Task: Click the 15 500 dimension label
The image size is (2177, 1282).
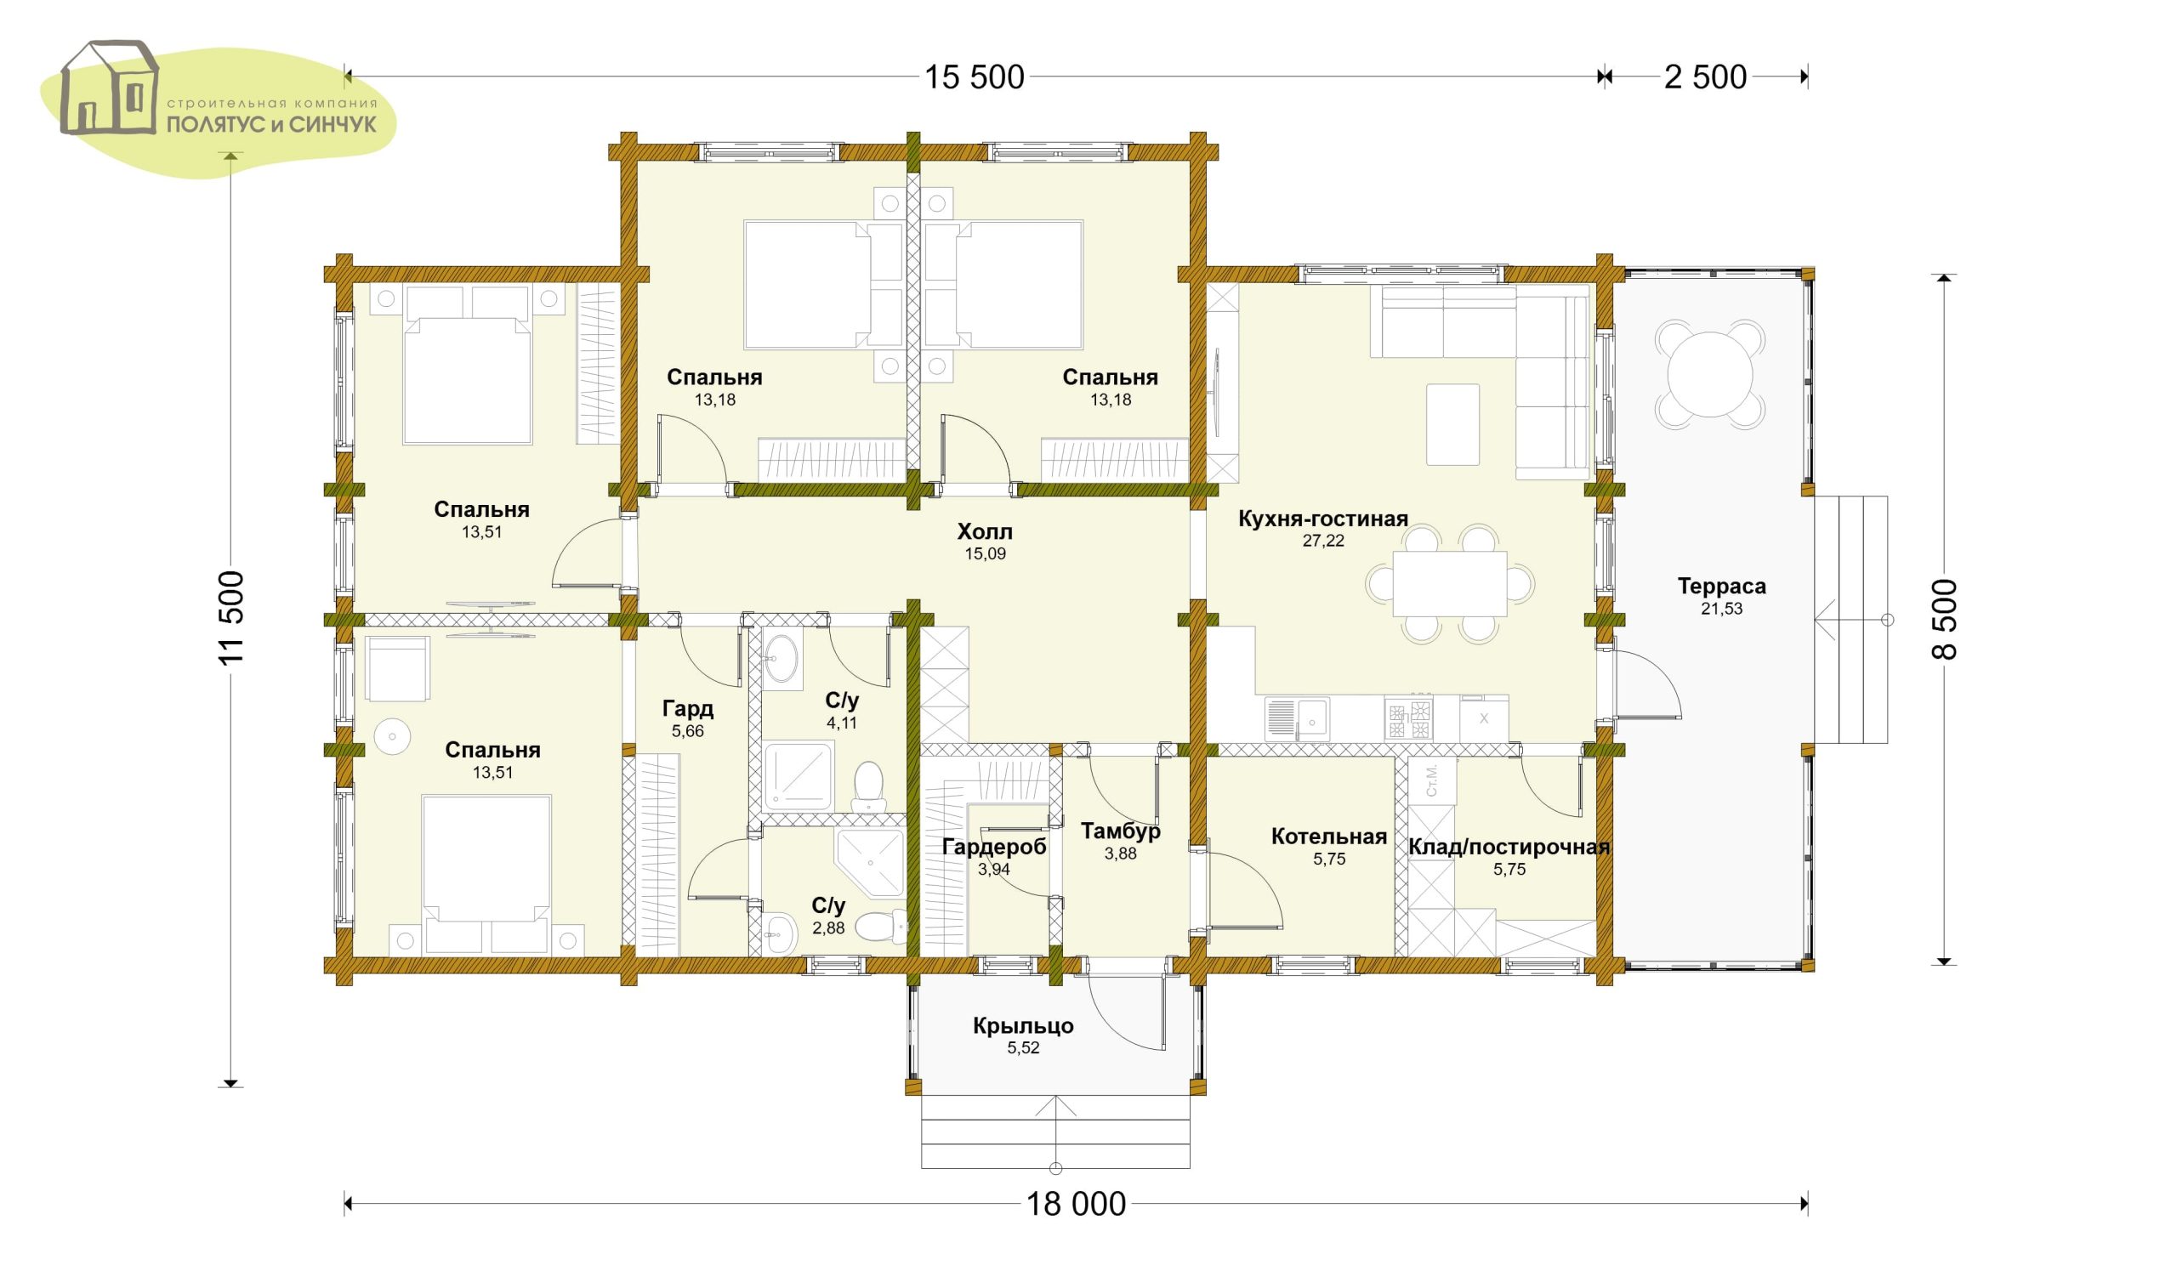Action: [975, 77]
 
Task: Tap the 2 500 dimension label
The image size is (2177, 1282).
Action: [1705, 77]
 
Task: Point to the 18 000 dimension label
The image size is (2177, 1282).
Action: [1077, 1205]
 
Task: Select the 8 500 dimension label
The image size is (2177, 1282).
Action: [1944, 619]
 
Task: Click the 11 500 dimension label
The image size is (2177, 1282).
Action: [232, 618]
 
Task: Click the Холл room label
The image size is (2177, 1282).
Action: [985, 531]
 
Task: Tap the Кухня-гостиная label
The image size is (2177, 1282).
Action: [1322, 519]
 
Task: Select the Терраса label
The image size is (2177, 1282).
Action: [1722, 587]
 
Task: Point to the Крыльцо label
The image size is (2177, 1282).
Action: [1023, 1026]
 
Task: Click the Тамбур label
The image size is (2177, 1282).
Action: [1121, 831]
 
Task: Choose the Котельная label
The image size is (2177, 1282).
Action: [1328, 837]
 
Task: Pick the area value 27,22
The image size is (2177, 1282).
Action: [1322, 542]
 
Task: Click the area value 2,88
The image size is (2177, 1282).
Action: [828, 927]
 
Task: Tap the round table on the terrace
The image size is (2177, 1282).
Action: [1709, 374]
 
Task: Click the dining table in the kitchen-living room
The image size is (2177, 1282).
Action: [1450, 583]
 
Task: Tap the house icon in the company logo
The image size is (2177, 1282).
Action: [110, 88]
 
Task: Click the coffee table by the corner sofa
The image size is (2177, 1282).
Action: [1453, 425]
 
